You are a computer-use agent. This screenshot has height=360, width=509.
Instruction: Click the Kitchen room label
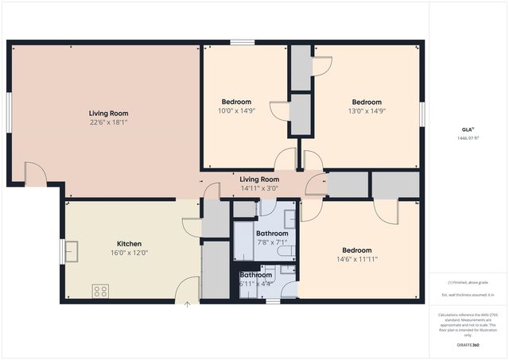pyautogui.click(x=130, y=243)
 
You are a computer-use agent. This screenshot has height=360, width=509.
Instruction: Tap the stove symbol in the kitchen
pyautogui.click(x=100, y=291)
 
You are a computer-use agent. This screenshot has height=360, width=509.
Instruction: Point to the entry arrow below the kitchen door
pyautogui.click(x=187, y=303)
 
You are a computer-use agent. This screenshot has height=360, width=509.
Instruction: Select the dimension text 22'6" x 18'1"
pyautogui.click(x=109, y=123)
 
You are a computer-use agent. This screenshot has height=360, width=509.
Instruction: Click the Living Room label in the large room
pyautogui.click(x=109, y=114)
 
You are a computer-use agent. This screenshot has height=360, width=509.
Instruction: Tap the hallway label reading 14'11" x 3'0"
pyautogui.click(x=259, y=188)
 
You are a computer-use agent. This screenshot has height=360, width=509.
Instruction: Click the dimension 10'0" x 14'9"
pyautogui.click(x=236, y=111)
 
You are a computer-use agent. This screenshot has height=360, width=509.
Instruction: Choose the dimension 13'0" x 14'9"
pyautogui.click(x=367, y=111)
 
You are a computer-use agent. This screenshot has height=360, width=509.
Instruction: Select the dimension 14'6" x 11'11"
pyautogui.click(x=356, y=258)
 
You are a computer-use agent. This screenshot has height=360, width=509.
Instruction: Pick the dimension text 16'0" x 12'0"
pyautogui.click(x=130, y=253)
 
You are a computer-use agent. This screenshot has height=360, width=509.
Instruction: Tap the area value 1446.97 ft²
pyautogui.click(x=468, y=138)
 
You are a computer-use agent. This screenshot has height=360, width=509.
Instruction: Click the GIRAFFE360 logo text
pyautogui.click(x=468, y=346)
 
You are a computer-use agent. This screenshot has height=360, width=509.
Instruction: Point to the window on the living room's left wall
pyautogui.click(x=10, y=114)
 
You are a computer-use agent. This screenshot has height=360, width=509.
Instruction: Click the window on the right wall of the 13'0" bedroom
pyautogui.click(x=422, y=113)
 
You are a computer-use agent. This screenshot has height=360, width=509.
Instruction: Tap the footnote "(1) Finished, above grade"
pyautogui.click(x=468, y=283)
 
